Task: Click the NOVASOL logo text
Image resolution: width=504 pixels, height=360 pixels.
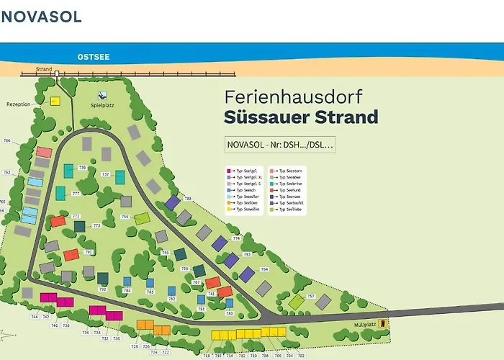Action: [x=41, y=16]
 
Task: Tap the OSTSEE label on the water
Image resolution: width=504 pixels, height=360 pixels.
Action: [x=94, y=56]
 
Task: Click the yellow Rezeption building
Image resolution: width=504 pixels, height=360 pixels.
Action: [x=55, y=102]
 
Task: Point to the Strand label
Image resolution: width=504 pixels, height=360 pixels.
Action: [x=44, y=70]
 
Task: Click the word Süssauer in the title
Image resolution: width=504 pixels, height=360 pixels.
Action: [x=266, y=117]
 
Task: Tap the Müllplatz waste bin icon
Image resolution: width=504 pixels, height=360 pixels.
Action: [x=383, y=323]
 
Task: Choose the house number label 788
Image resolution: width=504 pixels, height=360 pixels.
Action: [x=188, y=198]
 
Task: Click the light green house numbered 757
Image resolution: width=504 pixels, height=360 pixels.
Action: [x=296, y=302]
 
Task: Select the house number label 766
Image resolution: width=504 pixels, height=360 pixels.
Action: [x=7, y=140]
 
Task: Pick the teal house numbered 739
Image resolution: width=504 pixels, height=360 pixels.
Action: [x=68, y=171]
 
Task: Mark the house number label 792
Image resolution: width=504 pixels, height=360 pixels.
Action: [x=102, y=289]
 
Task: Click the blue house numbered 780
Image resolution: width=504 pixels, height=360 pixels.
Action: [x=230, y=305]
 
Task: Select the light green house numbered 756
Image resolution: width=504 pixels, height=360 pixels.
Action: [x=142, y=218]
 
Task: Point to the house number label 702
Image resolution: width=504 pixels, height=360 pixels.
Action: [x=301, y=356]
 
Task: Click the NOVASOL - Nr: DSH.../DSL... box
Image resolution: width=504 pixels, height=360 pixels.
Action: [x=280, y=145]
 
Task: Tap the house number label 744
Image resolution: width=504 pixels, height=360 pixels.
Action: [x=34, y=317]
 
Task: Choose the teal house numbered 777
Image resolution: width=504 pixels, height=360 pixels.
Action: [x=61, y=193]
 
